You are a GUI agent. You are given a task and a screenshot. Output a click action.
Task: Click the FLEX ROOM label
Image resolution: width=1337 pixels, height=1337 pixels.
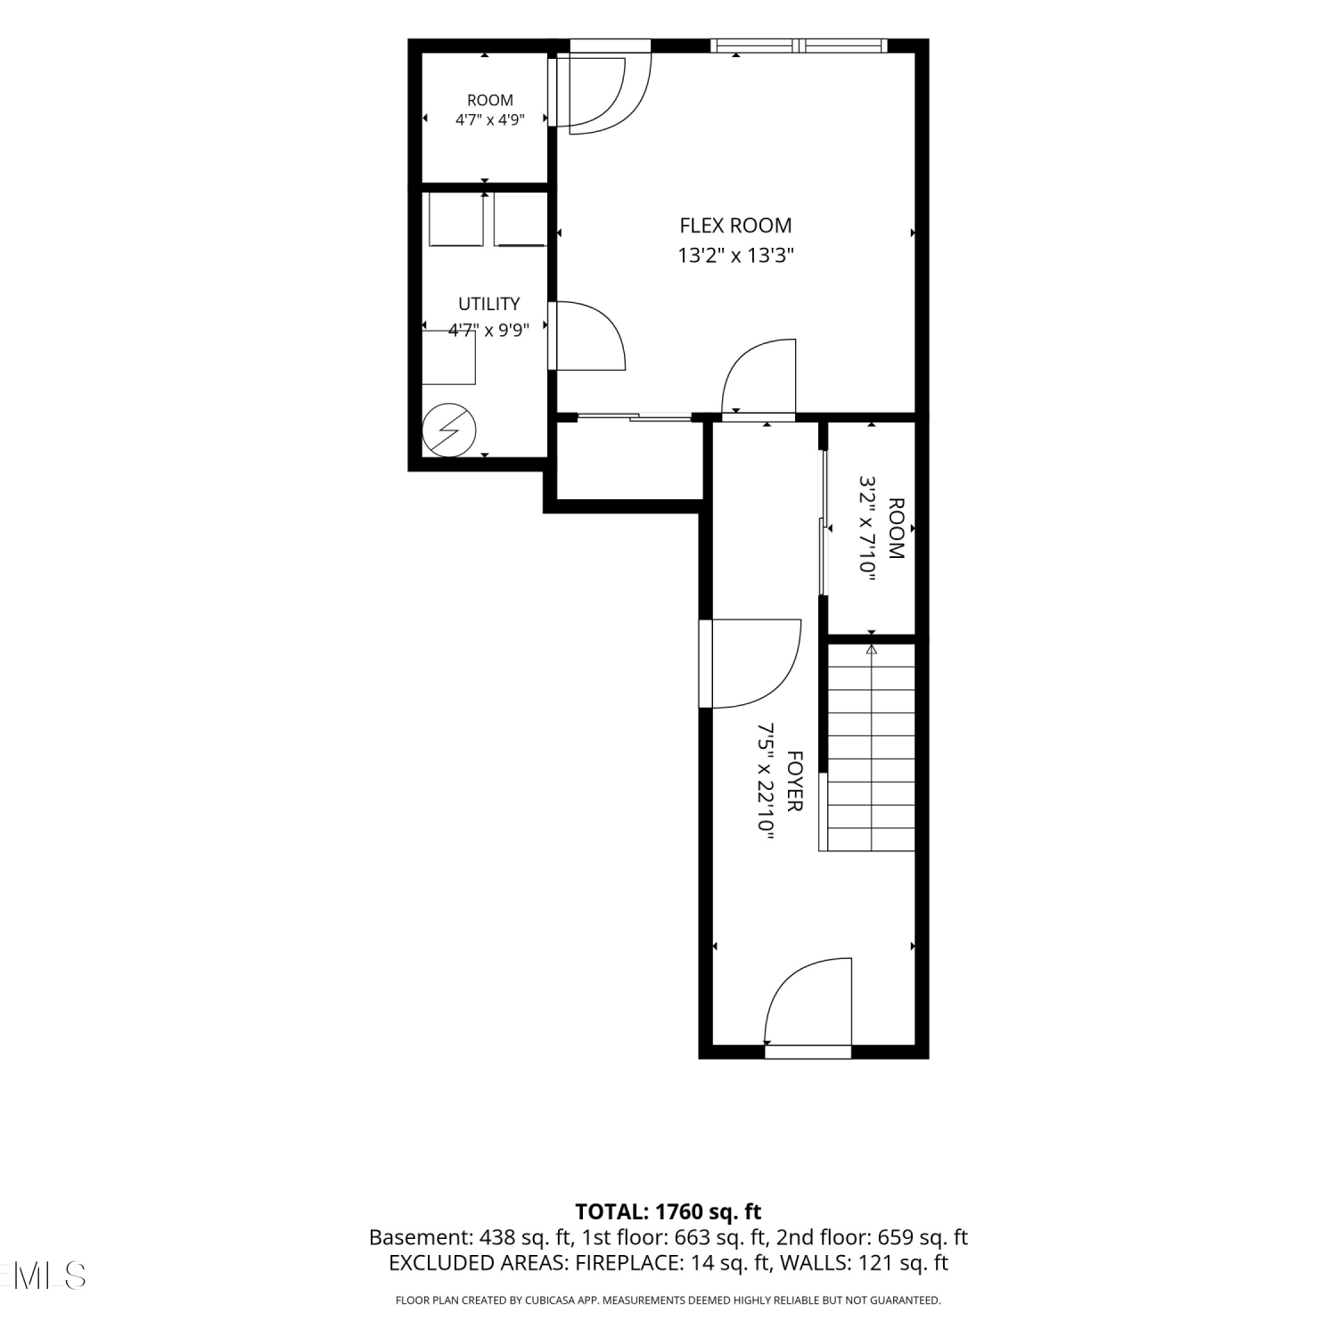point(735,226)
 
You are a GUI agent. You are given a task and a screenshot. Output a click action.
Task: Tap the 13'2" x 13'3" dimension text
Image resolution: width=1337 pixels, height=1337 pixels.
point(735,256)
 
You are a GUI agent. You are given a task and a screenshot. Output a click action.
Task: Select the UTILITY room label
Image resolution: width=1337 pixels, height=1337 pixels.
point(488,304)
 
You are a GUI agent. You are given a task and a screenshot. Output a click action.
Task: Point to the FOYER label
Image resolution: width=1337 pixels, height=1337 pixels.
point(795,781)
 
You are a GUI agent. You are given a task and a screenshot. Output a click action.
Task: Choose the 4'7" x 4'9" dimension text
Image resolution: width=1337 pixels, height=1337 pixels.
point(489,119)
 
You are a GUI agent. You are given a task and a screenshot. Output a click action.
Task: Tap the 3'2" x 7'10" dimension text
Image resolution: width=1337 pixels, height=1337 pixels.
point(867,529)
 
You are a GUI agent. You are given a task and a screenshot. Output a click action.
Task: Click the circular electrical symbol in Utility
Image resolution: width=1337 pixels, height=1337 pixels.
point(449,431)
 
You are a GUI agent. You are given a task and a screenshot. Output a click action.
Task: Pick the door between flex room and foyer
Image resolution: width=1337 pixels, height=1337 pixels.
point(759,378)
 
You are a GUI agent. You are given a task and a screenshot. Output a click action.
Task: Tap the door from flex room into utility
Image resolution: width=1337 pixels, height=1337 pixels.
point(589,335)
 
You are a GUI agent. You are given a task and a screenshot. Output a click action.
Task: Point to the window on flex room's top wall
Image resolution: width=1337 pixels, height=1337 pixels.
point(799,45)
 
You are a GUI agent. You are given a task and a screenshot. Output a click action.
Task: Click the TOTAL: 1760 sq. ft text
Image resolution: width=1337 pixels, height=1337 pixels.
point(668,1211)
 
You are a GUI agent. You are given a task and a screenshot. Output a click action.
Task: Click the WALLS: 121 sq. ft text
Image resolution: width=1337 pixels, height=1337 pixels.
point(864,1263)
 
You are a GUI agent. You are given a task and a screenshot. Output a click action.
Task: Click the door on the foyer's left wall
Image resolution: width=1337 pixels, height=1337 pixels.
point(750,664)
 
